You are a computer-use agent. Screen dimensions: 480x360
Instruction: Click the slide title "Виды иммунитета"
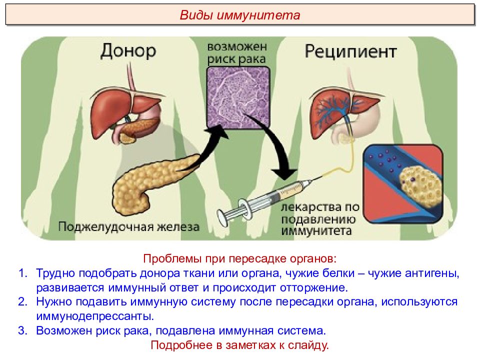[x=239, y=15]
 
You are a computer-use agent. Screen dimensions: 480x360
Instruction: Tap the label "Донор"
[x=128, y=51]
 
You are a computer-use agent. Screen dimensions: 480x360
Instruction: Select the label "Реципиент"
[x=350, y=51]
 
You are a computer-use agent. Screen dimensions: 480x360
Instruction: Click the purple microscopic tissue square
[x=238, y=97]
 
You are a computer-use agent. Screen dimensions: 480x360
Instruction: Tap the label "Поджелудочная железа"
[x=129, y=227]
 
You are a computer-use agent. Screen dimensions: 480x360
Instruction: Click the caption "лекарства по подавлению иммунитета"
[x=320, y=219]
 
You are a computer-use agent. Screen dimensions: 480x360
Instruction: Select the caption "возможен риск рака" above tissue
[x=237, y=53]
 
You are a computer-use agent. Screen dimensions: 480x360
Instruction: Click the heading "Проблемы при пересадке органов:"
[x=239, y=258]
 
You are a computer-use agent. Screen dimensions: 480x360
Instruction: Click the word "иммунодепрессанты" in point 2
[x=95, y=316]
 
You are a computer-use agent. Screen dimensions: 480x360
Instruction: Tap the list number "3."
[x=23, y=330]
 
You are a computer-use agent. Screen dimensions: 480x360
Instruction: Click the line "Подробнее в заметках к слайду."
[x=239, y=345]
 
